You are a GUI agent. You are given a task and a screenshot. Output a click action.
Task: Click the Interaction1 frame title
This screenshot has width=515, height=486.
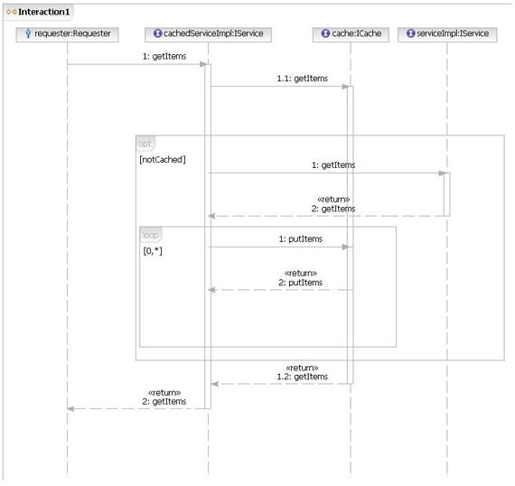43,12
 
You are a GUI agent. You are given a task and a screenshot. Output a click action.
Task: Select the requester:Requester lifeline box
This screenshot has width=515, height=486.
67,34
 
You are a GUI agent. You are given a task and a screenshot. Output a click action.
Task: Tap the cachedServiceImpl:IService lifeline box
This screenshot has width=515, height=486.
208,34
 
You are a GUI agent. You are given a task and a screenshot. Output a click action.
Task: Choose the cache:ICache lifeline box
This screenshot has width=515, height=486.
351,34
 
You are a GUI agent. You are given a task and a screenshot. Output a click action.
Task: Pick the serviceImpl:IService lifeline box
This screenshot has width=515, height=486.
447,34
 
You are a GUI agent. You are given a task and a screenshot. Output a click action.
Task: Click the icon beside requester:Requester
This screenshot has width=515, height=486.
28,33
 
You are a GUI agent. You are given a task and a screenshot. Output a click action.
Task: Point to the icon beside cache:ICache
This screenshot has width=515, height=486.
325,33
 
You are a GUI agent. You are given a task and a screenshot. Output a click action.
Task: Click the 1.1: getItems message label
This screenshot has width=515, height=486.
302,79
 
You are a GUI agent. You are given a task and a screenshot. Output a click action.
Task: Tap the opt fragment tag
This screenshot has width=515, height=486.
145,144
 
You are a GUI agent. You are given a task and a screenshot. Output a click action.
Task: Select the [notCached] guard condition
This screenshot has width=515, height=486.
163,160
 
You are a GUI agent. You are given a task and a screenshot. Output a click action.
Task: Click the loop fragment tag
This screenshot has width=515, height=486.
151,235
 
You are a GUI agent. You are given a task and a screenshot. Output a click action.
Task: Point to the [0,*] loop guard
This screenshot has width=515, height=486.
153,251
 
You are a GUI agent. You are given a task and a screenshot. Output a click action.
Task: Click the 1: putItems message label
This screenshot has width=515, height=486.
301,239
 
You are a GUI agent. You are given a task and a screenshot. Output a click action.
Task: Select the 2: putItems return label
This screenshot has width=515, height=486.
301,283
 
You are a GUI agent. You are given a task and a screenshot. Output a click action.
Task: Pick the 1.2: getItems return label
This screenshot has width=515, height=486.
302,377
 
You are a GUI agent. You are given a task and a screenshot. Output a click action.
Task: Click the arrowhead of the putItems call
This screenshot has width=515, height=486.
345,247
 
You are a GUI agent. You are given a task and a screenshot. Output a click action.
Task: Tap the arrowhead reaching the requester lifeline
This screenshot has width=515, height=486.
70,409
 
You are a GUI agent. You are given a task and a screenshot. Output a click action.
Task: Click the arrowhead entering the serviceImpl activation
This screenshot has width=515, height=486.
442,173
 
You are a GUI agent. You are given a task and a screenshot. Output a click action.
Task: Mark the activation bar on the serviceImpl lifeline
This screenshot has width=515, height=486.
447,194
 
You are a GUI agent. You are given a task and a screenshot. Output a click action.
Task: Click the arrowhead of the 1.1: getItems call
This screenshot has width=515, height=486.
345,87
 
